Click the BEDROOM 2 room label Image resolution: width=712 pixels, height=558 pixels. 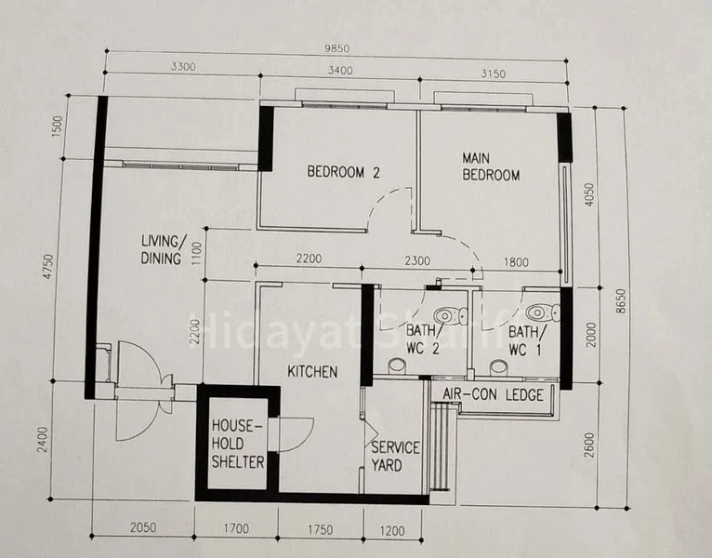coord(343,172)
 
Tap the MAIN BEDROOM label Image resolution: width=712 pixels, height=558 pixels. coord(491,166)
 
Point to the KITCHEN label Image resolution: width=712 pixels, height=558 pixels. coord(312,372)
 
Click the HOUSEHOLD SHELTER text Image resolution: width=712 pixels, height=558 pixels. coord(238,444)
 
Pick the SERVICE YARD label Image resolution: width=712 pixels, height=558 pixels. coord(395,457)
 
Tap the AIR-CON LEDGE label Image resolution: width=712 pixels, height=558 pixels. coord(494,394)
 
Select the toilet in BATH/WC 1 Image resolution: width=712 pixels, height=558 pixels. coord(543,312)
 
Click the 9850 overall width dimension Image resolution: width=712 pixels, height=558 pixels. coord(336,48)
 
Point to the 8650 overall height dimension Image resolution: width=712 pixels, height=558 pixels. coord(621,300)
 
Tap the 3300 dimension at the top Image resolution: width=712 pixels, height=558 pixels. coord(183,66)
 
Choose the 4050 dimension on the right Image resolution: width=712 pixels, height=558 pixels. coord(588,194)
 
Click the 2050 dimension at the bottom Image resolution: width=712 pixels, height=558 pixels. coord(143,527)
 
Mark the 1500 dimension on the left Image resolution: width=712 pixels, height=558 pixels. coord(58,126)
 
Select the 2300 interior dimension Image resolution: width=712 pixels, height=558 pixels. coord(417,260)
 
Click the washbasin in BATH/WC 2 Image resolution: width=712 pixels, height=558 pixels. coord(397,365)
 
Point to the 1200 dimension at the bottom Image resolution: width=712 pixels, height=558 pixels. coord(392,530)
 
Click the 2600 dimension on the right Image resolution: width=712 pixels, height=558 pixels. coord(588,445)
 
